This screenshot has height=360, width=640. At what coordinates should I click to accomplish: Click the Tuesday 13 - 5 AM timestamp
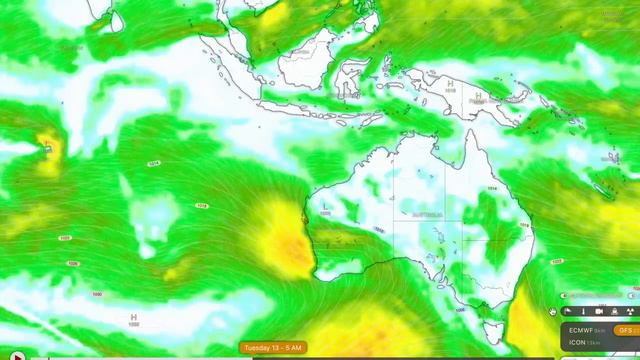click(x=273, y=347)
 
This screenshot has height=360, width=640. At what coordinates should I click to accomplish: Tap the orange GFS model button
click(x=626, y=330)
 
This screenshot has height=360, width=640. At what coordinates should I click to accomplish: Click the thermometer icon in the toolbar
click(x=584, y=312)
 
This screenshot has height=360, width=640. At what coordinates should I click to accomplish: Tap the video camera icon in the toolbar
click(x=599, y=312)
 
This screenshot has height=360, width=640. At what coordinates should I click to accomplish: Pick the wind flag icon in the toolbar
click(x=569, y=312)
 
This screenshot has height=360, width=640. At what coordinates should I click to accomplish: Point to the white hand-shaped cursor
click(x=553, y=311)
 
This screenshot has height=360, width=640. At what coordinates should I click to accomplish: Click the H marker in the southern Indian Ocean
click(x=133, y=315)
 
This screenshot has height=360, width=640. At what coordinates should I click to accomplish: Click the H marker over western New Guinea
click(x=450, y=83)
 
